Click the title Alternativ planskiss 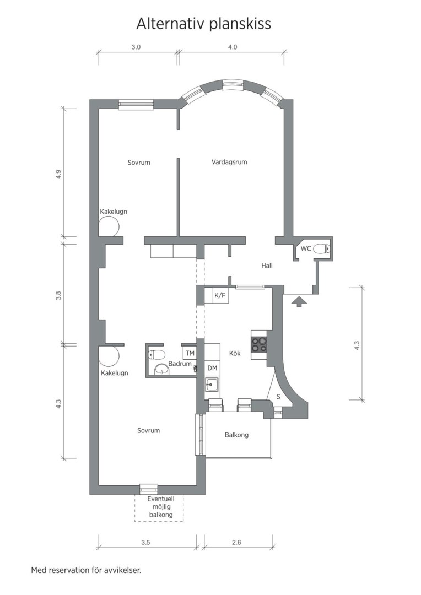(x=204, y=24)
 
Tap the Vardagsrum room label (x=229, y=162)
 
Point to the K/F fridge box (x=220, y=296)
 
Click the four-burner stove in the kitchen (x=259, y=344)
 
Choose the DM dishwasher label (x=212, y=367)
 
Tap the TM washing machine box (x=190, y=353)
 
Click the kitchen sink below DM (x=212, y=384)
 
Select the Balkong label (x=236, y=435)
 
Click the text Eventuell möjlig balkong (x=160, y=507)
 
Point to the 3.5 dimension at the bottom (x=145, y=543)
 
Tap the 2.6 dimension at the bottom (x=236, y=543)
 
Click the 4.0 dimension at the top (x=232, y=47)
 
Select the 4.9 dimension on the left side (x=58, y=175)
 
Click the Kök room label (x=235, y=353)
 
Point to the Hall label (x=267, y=266)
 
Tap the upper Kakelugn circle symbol (x=109, y=226)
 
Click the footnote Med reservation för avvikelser (x=86, y=570)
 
